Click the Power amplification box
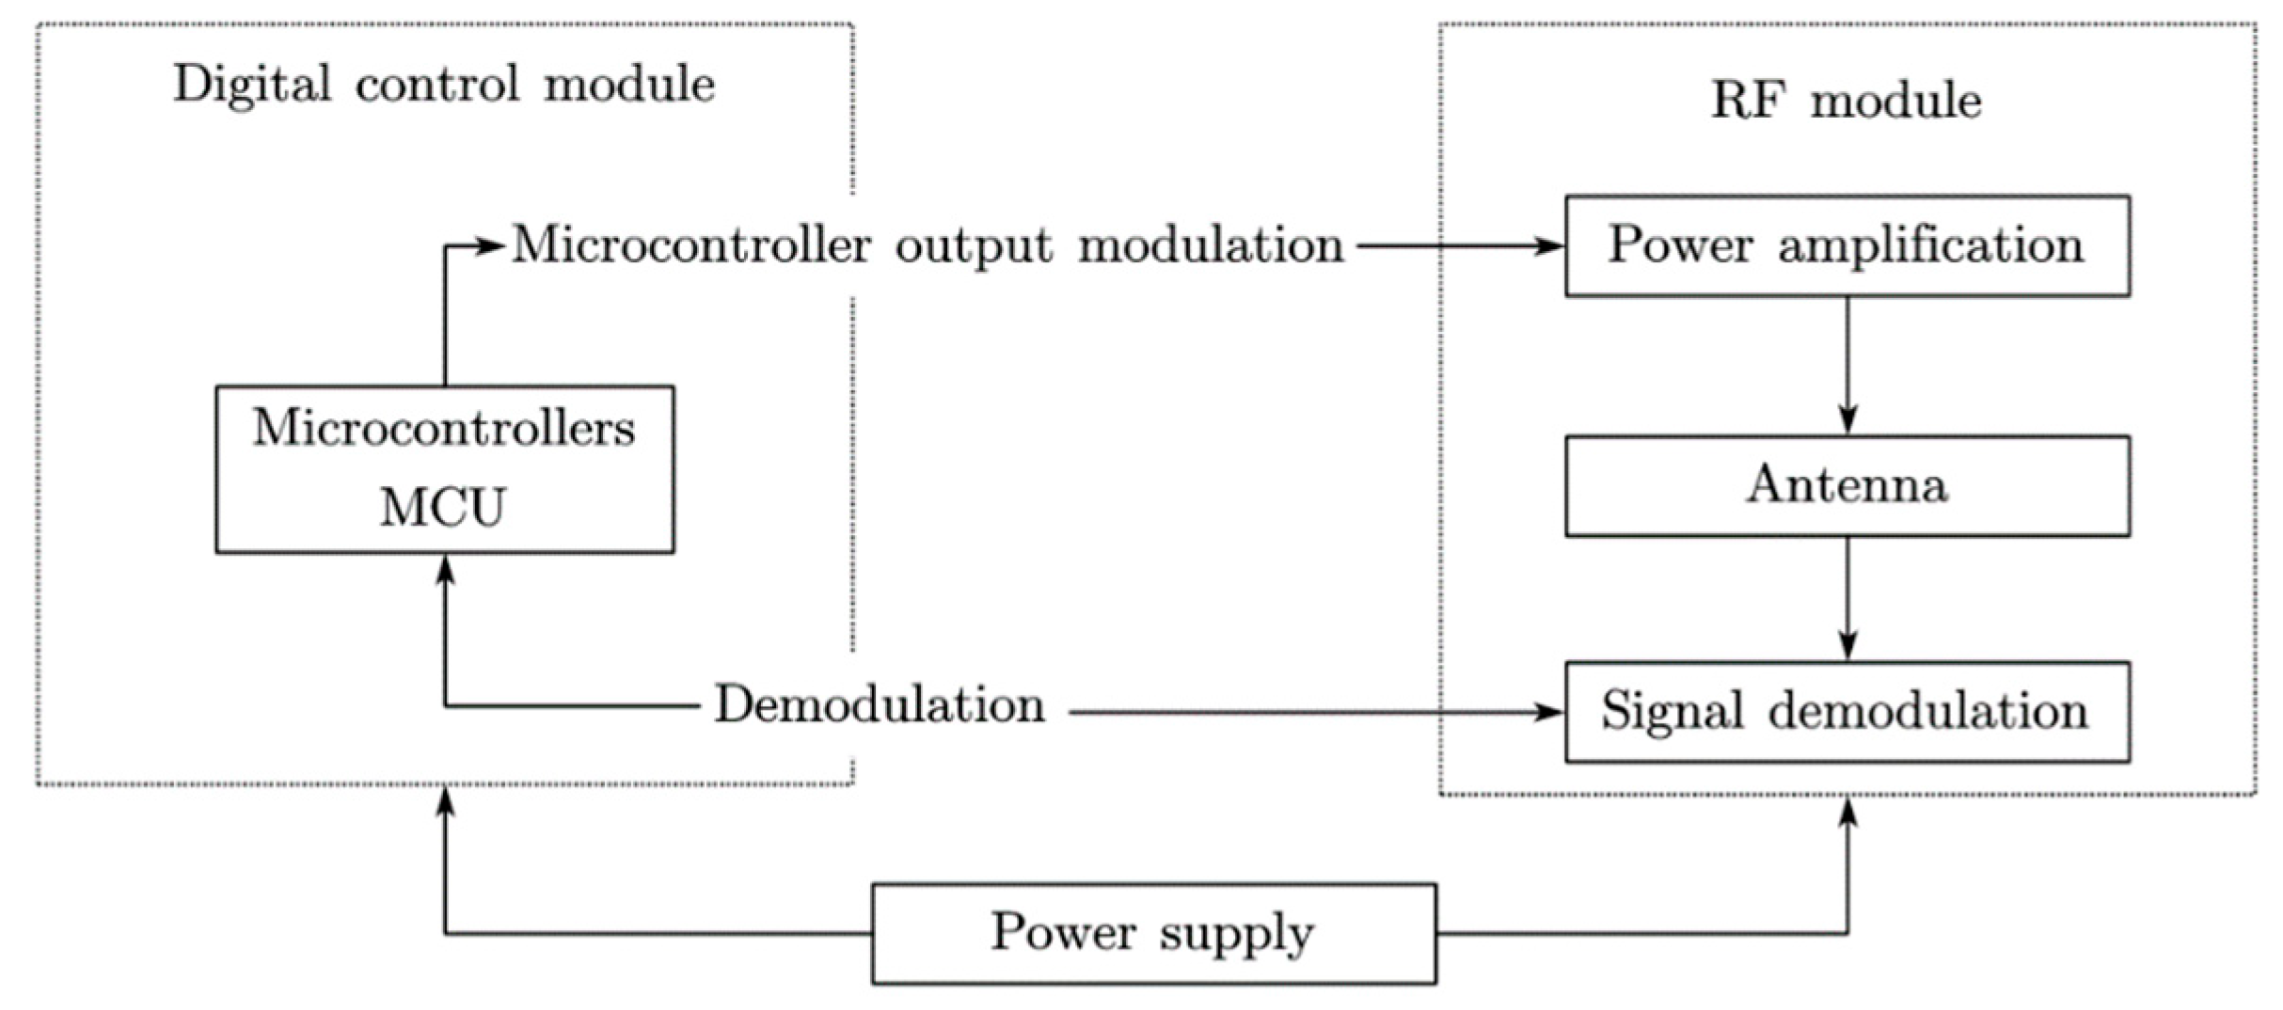(x=1846, y=246)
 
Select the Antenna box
(x=1846, y=486)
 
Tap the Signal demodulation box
(x=1846, y=712)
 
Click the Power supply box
(x=1153, y=933)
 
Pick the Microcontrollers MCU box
(x=444, y=468)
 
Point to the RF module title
(x=1846, y=100)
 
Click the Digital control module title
(x=444, y=85)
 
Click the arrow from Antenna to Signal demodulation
(x=1847, y=598)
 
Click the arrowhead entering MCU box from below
(x=445, y=570)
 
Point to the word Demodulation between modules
(x=880, y=704)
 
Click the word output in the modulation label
(x=973, y=246)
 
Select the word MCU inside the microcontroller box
(x=443, y=508)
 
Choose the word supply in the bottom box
(x=1236, y=935)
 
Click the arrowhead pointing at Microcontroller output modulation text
(x=491, y=246)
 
